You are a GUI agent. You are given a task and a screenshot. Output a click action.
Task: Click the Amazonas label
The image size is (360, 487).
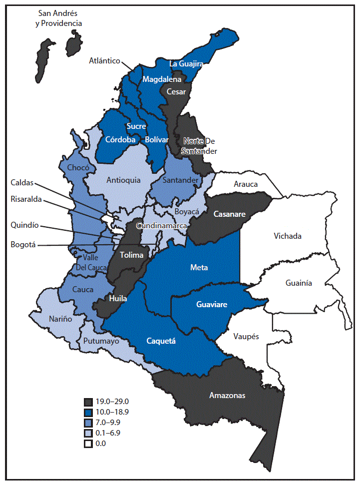227,395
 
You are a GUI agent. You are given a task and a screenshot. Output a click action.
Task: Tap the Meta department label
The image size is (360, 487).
199,268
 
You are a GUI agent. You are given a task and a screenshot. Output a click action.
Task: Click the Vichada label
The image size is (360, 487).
287,236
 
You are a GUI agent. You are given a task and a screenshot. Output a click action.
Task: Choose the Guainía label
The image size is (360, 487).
299,283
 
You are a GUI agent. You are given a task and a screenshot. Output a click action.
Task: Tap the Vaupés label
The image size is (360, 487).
247,337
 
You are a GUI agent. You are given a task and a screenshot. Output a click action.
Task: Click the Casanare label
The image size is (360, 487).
229,214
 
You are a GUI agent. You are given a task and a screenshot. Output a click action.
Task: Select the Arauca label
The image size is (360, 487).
246,184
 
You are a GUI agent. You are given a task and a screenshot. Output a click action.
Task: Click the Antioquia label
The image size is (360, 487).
123,180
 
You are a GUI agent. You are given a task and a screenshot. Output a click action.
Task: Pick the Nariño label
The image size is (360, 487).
60,319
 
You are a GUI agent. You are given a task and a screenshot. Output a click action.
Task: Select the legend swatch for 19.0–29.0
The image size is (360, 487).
88,402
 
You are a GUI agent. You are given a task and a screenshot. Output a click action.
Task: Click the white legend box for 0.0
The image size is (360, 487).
88,443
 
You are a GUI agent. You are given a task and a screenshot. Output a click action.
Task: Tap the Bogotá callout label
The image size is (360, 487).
23,245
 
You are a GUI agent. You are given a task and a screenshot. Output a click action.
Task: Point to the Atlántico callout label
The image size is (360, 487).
104,61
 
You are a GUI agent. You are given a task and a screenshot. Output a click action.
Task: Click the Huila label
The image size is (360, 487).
118,299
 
